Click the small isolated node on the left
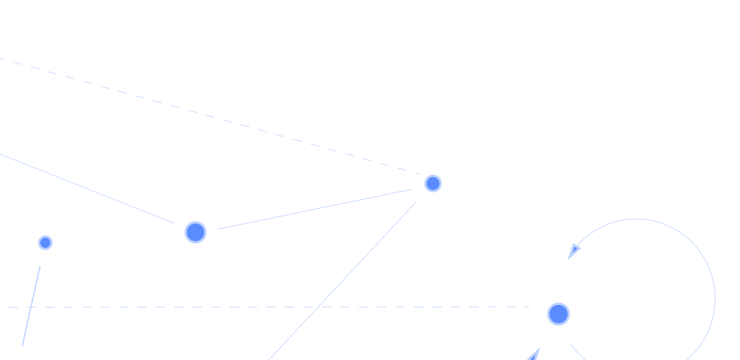pos(45,242)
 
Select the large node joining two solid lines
pos(196,232)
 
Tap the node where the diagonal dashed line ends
pos(433,183)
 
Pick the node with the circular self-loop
pos(558,314)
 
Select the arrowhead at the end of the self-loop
pos(574,251)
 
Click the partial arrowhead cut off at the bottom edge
pos(534,356)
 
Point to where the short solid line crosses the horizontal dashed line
pos(31,307)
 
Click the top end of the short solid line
pos(40,265)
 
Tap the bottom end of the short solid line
pos(22,345)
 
